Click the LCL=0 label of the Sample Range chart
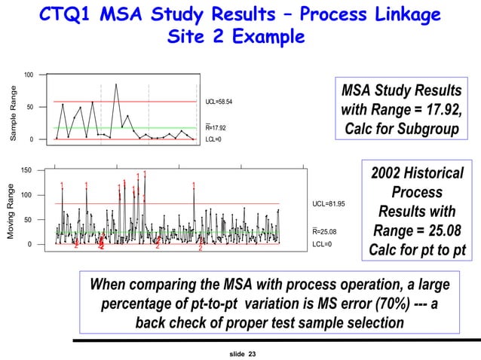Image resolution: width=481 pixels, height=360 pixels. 213,139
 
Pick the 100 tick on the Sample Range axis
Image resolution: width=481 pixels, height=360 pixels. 28,75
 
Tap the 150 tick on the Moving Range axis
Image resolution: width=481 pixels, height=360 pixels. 26,171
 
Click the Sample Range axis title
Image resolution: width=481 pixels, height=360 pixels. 12,115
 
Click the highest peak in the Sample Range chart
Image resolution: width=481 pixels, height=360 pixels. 116,84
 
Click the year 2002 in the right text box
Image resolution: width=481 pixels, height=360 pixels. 388,174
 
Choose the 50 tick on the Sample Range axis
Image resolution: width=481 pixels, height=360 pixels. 29,107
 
